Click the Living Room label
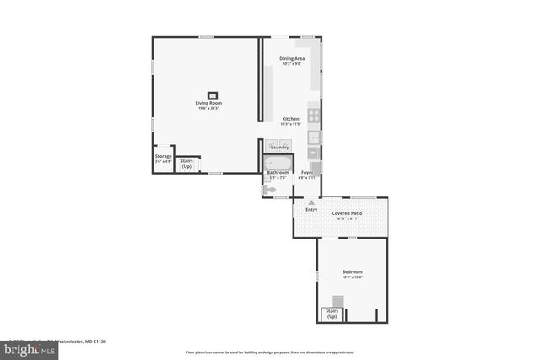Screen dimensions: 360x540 tap(208, 104)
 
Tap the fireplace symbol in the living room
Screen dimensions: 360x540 tap(213, 95)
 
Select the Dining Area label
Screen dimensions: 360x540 tap(292, 58)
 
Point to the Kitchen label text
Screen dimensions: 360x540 tap(290, 119)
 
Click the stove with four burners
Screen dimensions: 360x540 tap(314, 116)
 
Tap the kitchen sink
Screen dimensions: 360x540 tap(314, 137)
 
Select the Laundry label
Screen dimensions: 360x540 tap(279, 147)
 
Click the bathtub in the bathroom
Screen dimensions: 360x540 tap(278, 163)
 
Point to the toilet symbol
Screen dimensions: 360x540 tap(268, 191)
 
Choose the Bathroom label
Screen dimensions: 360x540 tap(278, 172)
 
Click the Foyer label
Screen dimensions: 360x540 tap(307, 172)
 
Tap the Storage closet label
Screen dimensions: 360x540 tap(163, 156)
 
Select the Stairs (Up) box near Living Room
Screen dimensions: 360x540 tap(186, 163)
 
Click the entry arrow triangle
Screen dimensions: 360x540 tap(311, 202)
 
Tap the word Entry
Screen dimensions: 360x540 tap(311, 209)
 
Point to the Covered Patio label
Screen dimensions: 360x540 tap(347, 214)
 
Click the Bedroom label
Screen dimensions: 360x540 tap(352, 271)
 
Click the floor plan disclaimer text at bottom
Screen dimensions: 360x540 tap(269, 352)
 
